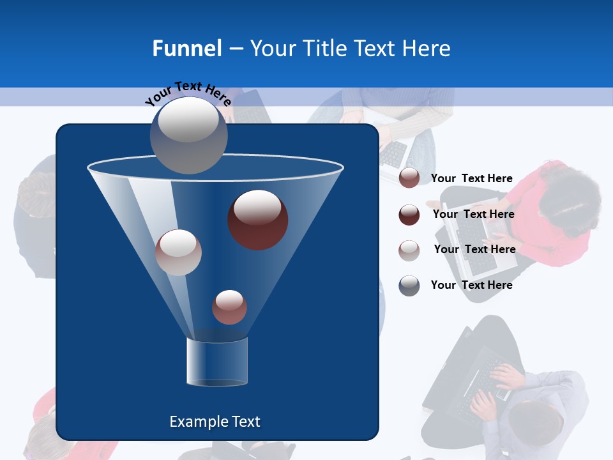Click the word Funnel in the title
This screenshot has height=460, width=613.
point(186,49)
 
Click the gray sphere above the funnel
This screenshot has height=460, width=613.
point(188,134)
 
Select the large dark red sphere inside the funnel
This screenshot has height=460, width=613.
point(257,219)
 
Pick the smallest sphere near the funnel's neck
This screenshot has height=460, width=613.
point(229,307)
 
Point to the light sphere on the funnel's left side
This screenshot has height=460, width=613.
point(178,252)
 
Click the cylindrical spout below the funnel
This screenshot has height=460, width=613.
point(216,362)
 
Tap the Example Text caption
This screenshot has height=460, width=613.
point(215,422)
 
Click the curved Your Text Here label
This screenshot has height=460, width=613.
point(188,93)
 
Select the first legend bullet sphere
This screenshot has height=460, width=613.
point(409,178)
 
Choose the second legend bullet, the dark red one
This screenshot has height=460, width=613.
point(409,215)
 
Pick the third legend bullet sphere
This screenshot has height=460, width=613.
point(409,250)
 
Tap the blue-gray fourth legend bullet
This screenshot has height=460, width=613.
point(409,286)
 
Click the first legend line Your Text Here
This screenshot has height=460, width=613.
point(471,178)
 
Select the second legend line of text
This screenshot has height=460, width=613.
point(473,214)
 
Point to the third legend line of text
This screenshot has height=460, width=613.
point(474,249)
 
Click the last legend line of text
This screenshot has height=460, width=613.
point(471,285)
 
